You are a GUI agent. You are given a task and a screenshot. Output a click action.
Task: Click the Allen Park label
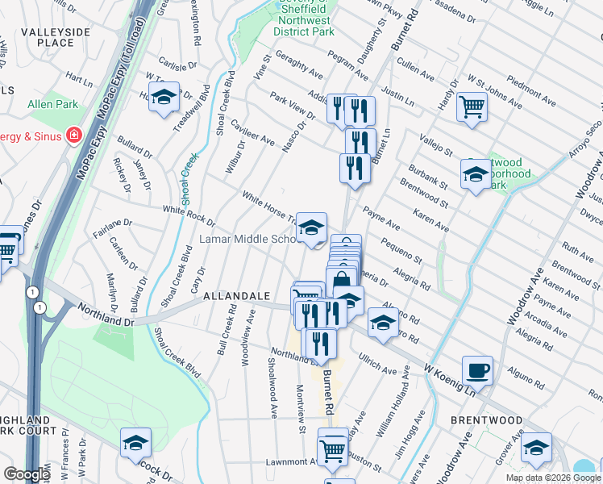(x=52, y=105)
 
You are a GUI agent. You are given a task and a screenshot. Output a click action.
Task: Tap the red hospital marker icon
(x=74, y=135)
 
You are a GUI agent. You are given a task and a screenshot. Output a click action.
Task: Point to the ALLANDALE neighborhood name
(x=236, y=296)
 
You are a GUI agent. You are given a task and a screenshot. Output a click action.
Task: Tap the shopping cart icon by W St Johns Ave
(x=472, y=106)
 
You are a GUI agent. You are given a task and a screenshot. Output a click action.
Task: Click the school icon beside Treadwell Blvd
(x=164, y=98)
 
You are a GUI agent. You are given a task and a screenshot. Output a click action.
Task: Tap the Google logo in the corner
(x=26, y=474)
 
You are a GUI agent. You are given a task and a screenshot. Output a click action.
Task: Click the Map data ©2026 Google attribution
(x=553, y=478)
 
